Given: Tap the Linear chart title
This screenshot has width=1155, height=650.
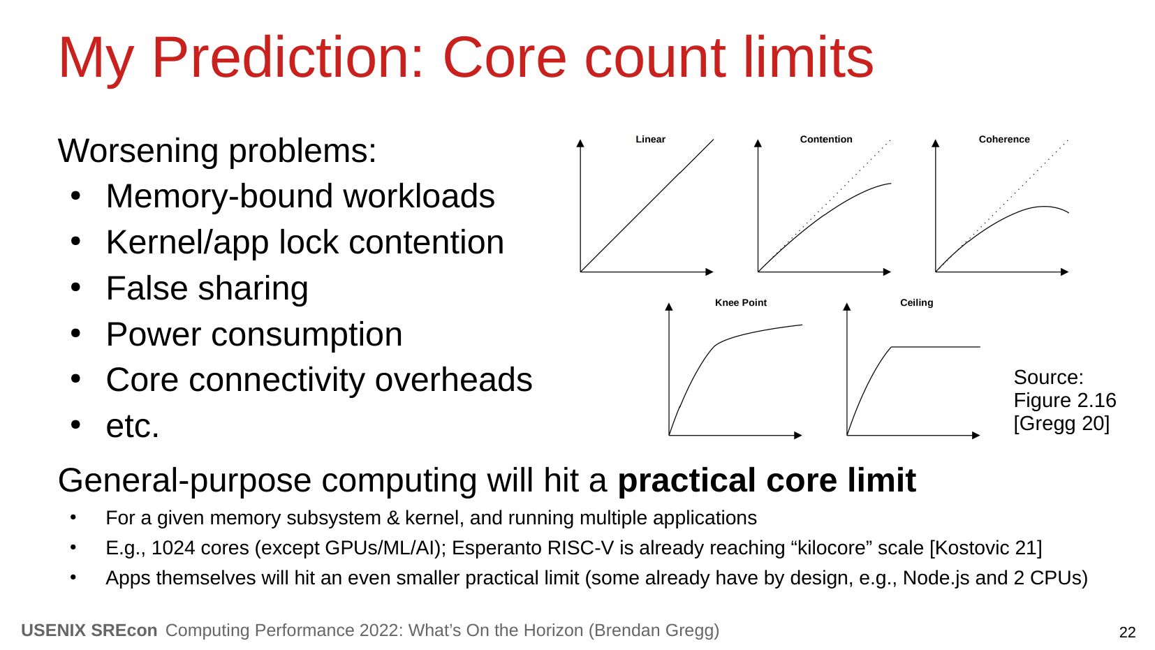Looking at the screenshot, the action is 650,139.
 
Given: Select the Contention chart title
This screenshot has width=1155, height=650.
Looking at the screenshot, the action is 826,139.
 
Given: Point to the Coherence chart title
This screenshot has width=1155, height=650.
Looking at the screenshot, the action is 1004,139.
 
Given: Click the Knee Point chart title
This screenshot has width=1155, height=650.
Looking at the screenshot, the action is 740,302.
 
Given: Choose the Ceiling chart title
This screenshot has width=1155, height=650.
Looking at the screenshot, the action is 916,302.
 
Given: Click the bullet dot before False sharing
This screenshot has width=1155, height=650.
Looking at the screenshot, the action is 76,288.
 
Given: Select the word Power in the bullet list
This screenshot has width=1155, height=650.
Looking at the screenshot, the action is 154,334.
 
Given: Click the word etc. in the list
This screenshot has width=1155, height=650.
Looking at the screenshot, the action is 133,427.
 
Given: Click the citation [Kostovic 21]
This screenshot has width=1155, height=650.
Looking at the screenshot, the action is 985,548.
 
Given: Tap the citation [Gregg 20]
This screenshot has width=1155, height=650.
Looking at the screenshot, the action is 1061,424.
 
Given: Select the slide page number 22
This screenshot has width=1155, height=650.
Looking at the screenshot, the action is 1127,633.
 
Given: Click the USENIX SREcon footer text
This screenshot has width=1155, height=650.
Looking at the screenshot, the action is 89,630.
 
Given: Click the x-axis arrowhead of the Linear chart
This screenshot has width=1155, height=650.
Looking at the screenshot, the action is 709,272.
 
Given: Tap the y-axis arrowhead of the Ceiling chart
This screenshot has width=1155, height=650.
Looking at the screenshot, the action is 846,306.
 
